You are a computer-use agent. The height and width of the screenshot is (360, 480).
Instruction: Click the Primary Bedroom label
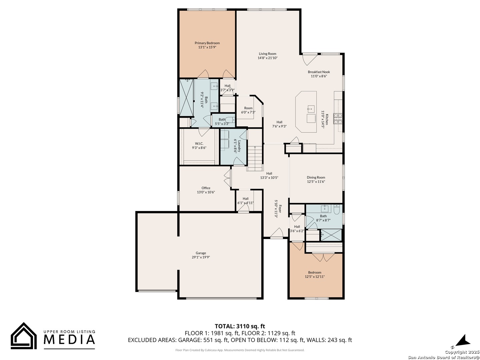(207, 43)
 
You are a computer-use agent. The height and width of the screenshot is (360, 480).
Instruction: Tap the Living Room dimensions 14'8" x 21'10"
(267, 58)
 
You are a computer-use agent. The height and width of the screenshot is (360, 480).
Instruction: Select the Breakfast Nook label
(319, 72)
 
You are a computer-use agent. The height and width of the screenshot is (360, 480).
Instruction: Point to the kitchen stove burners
(337, 118)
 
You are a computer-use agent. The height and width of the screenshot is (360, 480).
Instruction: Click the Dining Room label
(316, 177)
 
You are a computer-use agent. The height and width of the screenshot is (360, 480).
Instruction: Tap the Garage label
(201, 253)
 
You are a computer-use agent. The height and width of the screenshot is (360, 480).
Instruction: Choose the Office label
(206, 188)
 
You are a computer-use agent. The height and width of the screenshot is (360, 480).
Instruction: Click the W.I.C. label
(199, 143)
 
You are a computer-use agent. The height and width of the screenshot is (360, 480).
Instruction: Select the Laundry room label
(239, 146)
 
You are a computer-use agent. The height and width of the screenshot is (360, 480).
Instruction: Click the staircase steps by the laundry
(255, 158)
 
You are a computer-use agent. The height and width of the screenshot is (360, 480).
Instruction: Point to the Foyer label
(280, 208)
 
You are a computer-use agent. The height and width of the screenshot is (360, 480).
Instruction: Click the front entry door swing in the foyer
(276, 232)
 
